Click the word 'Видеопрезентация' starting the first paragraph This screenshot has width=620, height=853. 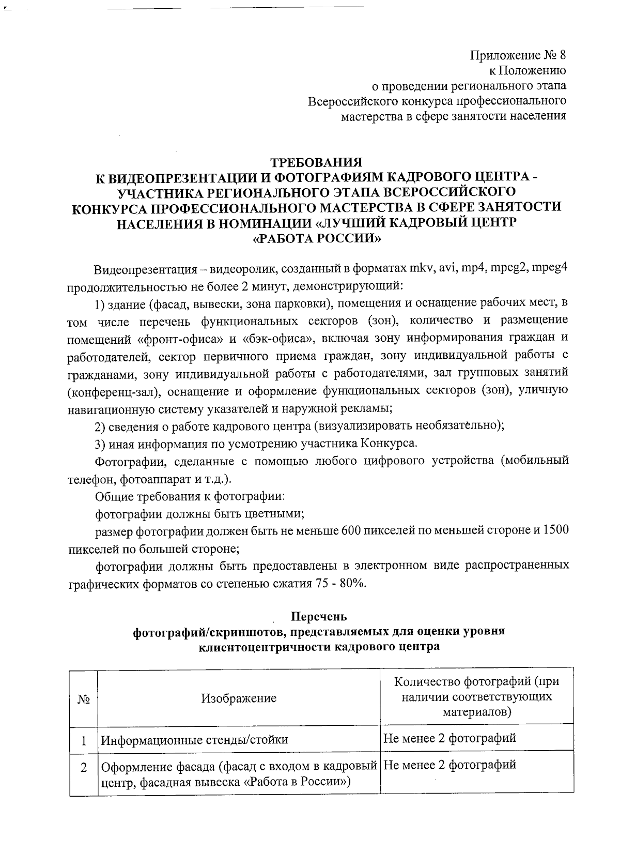[x=145, y=270]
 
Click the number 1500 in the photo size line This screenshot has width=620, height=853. [x=556, y=531]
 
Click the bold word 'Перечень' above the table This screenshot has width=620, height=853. [x=319, y=617]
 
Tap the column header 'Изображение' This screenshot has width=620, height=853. [x=239, y=698]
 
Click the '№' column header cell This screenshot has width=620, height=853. [x=84, y=698]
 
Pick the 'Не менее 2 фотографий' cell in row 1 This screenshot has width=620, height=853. [x=450, y=738]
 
